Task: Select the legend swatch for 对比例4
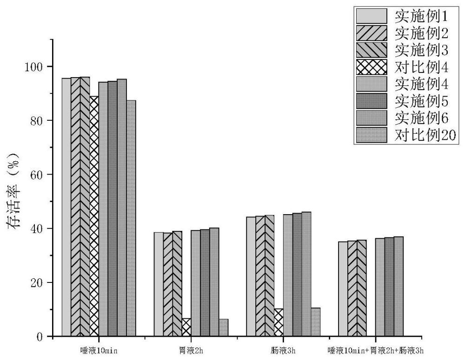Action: pos(372,68)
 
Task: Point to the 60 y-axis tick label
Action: pos(37,175)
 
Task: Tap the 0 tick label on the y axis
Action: pos(40,337)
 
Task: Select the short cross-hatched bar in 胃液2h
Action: pos(186,327)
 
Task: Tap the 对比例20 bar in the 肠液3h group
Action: pos(315,322)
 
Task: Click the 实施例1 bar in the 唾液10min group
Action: pos(66,207)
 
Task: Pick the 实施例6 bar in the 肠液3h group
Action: pos(306,274)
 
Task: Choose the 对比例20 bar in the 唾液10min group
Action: pos(131,218)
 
